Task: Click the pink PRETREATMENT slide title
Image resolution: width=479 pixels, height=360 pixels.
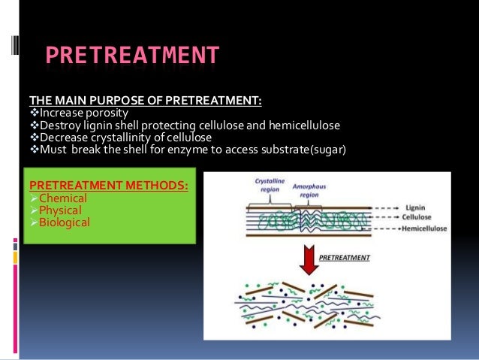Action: click(132, 56)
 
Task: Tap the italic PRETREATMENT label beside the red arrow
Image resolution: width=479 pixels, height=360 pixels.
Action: click(346, 257)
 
